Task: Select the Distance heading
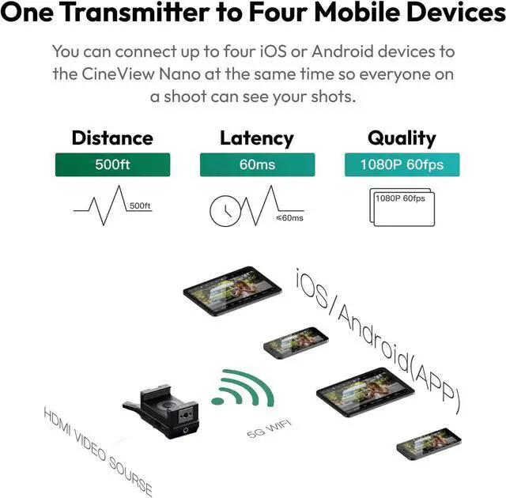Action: click(111, 138)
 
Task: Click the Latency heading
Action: click(256, 138)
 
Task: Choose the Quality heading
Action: click(401, 138)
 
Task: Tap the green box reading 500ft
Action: click(111, 165)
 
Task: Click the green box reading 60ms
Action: click(256, 165)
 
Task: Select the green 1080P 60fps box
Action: click(401, 165)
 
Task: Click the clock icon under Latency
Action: click(225, 209)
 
